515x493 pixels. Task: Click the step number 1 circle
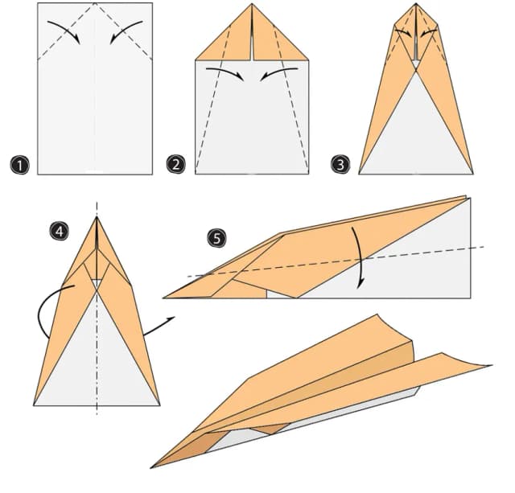click(x=19, y=165)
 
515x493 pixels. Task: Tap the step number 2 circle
click(x=176, y=164)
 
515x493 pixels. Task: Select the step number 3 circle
click(x=340, y=164)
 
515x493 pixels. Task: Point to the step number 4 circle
click(x=60, y=231)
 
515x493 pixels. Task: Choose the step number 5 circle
click(x=217, y=238)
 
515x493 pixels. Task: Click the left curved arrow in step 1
click(x=67, y=31)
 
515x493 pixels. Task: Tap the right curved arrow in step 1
click(x=123, y=31)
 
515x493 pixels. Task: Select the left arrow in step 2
click(x=227, y=71)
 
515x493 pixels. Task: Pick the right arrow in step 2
click(x=278, y=71)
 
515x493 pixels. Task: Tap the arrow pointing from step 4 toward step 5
click(x=159, y=326)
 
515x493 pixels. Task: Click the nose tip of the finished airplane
click(x=151, y=467)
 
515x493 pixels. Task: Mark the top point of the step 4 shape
click(x=97, y=217)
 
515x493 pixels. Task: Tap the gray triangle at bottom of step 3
click(x=416, y=138)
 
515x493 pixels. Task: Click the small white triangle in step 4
click(x=97, y=283)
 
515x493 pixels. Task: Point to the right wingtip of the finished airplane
click(x=491, y=365)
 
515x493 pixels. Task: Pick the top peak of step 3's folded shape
click(x=416, y=4)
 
